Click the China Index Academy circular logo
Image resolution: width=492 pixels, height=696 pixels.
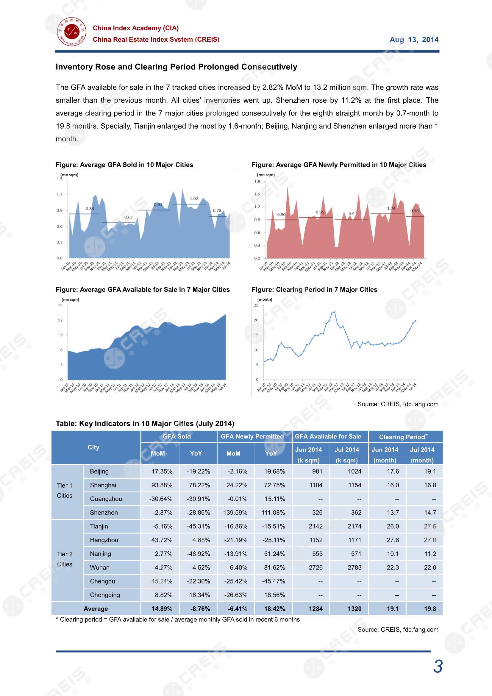[71, 32]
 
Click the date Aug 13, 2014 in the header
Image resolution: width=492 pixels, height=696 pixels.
[414, 40]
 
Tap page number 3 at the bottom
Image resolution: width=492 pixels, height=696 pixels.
[438, 667]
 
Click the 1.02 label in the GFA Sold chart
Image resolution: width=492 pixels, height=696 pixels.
[194, 199]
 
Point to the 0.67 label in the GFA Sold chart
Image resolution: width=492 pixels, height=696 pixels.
[129, 217]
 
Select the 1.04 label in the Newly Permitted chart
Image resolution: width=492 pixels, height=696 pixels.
[391, 208]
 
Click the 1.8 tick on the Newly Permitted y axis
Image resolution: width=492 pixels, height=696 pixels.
[257, 181]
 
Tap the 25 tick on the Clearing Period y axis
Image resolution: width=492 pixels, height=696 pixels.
[256, 305]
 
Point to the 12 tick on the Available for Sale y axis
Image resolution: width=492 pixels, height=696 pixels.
[60, 320]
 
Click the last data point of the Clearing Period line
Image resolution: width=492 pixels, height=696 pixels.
[415, 321]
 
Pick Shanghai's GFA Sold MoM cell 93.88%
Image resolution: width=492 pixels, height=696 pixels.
[162, 485]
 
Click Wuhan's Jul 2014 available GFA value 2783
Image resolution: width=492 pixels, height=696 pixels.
[354, 567]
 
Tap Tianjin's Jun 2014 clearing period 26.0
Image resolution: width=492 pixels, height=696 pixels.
[393, 526]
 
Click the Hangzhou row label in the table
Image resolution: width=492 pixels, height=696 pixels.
[104, 540]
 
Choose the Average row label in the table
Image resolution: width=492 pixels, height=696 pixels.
[96, 608]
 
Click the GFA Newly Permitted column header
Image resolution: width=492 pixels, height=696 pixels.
[252, 436]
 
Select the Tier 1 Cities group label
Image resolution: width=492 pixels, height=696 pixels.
[65, 490]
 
